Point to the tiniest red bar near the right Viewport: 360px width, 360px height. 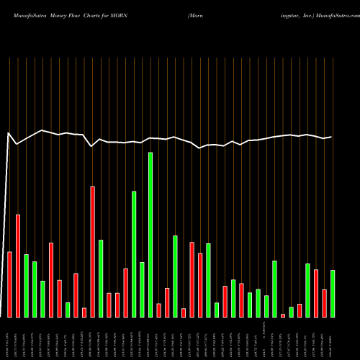[x=283, y=315]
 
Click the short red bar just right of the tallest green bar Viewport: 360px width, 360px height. [x=159, y=310]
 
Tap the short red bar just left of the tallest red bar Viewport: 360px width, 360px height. [x=84, y=312]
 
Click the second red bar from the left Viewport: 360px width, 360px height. [x=18, y=266]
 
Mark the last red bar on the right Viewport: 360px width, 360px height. [x=324, y=303]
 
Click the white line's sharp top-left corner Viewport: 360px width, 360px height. [x=9, y=132]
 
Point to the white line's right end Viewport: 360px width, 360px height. [x=331, y=137]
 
